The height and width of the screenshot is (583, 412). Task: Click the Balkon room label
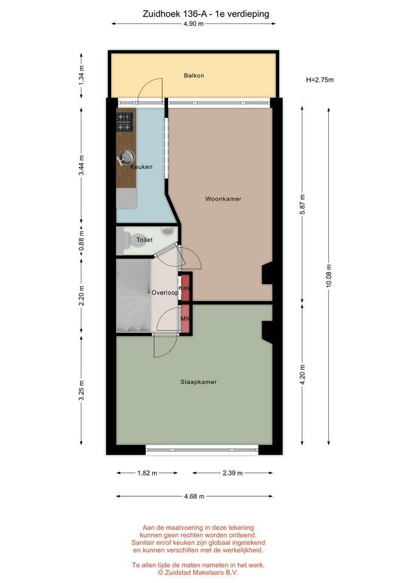(x=194, y=75)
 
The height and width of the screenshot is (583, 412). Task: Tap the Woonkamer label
(x=223, y=199)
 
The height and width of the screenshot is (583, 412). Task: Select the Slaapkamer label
(x=198, y=382)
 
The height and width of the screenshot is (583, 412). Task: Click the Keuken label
(x=141, y=167)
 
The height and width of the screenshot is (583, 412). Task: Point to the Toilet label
(x=144, y=240)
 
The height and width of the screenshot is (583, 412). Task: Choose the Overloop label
(x=165, y=293)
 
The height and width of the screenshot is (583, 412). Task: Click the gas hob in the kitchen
(x=124, y=122)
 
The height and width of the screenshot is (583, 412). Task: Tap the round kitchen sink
(x=127, y=157)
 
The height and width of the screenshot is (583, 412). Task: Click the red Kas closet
(x=185, y=287)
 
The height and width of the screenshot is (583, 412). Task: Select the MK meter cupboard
(x=185, y=319)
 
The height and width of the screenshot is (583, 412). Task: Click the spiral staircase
(x=133, y=296)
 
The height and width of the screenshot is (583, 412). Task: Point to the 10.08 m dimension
(x=329, y=276)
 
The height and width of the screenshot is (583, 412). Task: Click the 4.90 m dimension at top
(x=194, y=24)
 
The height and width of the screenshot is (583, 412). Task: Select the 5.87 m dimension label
(x=302, y=205)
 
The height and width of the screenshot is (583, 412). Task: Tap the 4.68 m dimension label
(x=194, y=496)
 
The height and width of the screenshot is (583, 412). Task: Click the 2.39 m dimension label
(x=232, y=473)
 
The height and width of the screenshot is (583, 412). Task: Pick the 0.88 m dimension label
(x=82, y=241)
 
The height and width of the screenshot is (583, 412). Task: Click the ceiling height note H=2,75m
(x=320, y=80)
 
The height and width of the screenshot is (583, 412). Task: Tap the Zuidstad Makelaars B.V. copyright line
(x=198, y=573)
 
